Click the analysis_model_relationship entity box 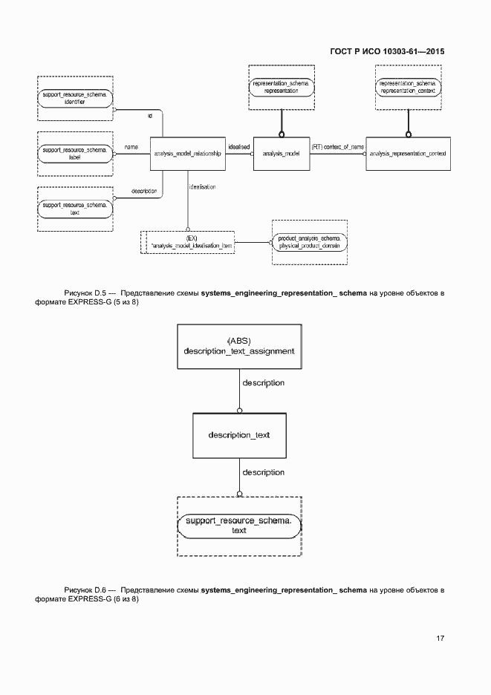tap(187, 154)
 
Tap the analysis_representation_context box tap(407, 154)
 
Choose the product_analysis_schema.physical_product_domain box tap(310, 241)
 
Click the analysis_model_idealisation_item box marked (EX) tap(190, 242)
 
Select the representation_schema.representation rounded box tap(281, 87)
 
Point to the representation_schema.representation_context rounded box tap(407, 87)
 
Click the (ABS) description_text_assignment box tap(239, 346)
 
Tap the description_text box tap(238, 435)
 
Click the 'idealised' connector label tap(239, 146)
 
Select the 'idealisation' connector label tap(202, 187)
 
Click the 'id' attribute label tap(149, 117)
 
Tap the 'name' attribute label tap(131, 147)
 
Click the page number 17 tap(440, 638)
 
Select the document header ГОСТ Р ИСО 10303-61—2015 tap(386, 52)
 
